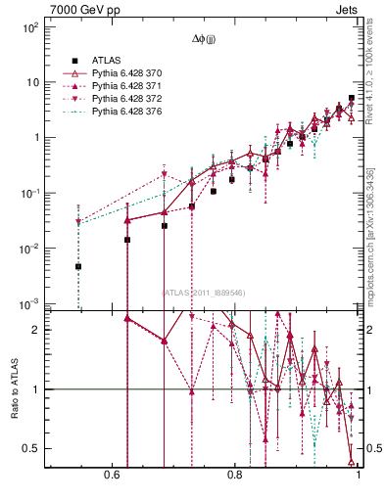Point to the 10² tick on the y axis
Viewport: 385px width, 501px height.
pos(30,27)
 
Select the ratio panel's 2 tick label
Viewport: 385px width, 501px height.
pos(36,330)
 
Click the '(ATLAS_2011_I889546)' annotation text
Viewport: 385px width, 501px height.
pos(204,292)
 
